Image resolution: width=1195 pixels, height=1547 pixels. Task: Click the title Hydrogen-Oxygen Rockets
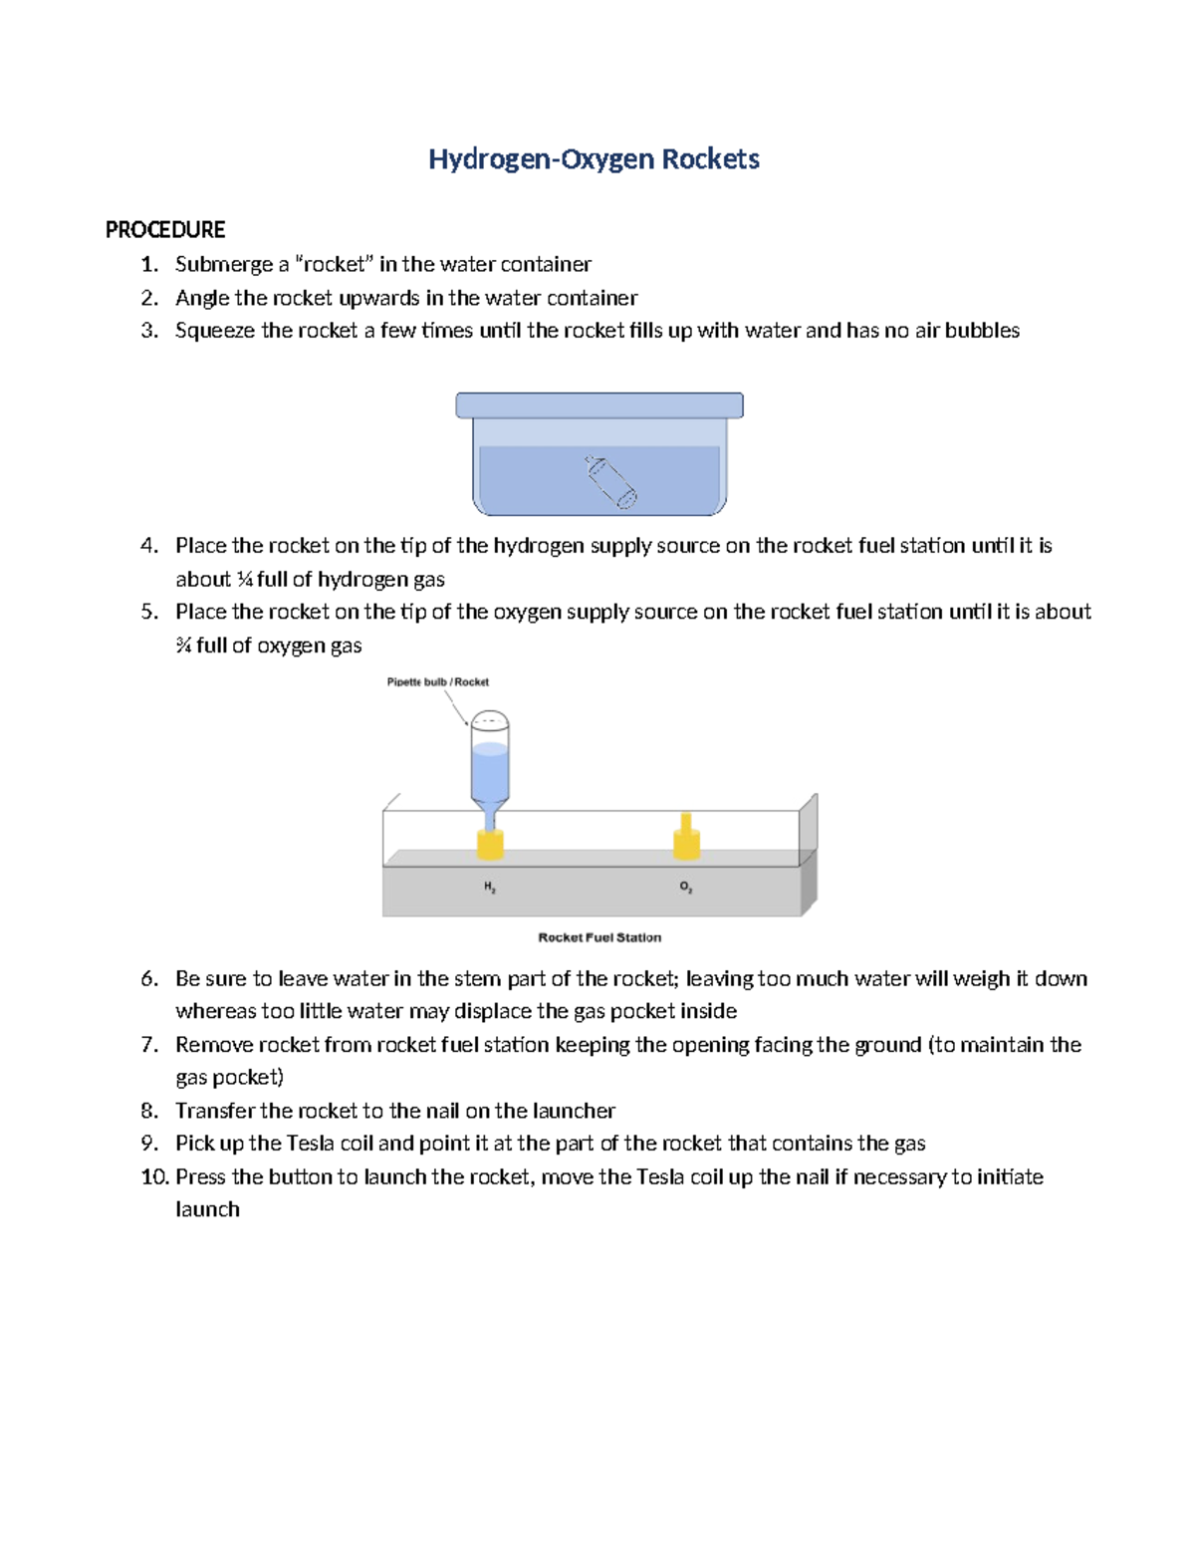(594, 159)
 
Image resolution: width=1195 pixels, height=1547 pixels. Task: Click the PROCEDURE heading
(165, 230)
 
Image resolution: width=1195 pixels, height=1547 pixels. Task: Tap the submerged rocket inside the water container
(609, 482)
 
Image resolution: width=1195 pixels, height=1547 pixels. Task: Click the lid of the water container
(598, 404)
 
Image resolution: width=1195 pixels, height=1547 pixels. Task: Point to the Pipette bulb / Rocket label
(437, 682)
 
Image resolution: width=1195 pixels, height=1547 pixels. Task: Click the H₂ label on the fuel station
(490, 887)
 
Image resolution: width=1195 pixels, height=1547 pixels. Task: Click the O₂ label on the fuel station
(686, 887)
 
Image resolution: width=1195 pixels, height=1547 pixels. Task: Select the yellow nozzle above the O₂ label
(686, 839)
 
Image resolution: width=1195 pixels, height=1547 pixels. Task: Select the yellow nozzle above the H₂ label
(490, 844)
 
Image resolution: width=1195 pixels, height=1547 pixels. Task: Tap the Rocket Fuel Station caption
(599, 937)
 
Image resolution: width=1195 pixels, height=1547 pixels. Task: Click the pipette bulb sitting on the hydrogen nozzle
(489, 762)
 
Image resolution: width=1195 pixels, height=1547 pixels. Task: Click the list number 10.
(154, 1176)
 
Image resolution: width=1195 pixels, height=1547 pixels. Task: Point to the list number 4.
(149, 546)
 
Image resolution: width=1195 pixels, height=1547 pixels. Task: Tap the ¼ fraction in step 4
(245, 580)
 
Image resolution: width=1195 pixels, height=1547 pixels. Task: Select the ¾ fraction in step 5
(183, 645)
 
